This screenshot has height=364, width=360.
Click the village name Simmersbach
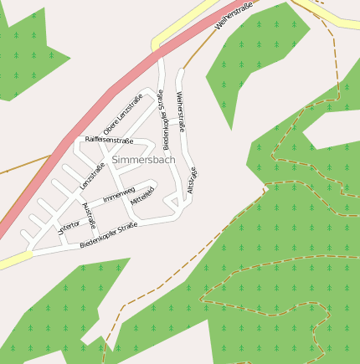pos(143,158)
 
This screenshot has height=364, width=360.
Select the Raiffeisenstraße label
pos(109,140)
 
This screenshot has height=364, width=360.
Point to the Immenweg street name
pos(118,196)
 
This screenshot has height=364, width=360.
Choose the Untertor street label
pos(67,226)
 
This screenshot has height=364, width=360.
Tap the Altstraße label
pos(192,180)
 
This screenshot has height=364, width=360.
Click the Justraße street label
pos(89,216)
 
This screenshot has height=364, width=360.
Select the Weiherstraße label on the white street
pos(181,109)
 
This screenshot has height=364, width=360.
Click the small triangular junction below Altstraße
pos(173,202)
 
